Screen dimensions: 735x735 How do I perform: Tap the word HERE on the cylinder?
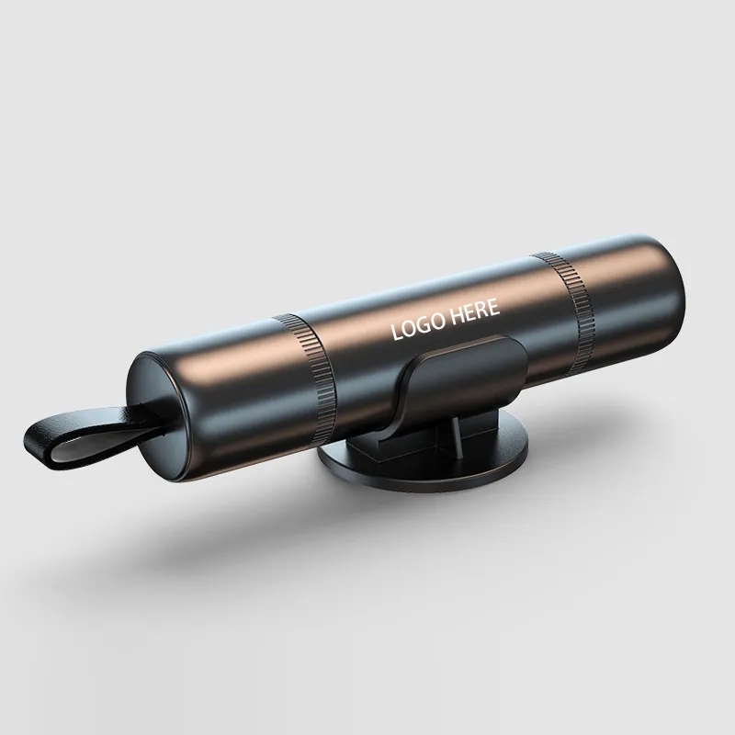pyautogui.click(x=473, y=312)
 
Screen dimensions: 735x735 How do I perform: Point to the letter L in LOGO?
pyautogui.click(x=396, y=332)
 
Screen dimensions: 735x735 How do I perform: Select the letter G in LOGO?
pyautogui.click(x=423, y=324)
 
